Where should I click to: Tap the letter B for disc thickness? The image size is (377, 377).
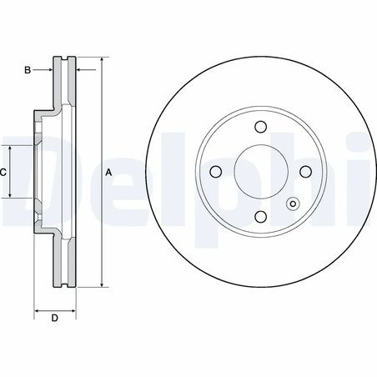27,70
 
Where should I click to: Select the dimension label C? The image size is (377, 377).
3,172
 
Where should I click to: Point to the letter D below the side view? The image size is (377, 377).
53,318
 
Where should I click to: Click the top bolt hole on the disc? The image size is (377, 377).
260,128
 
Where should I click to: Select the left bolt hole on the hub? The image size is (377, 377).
215,173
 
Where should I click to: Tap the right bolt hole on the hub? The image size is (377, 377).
305,173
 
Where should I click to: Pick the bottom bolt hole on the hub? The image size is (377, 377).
260,218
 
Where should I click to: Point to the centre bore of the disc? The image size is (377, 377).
260,173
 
